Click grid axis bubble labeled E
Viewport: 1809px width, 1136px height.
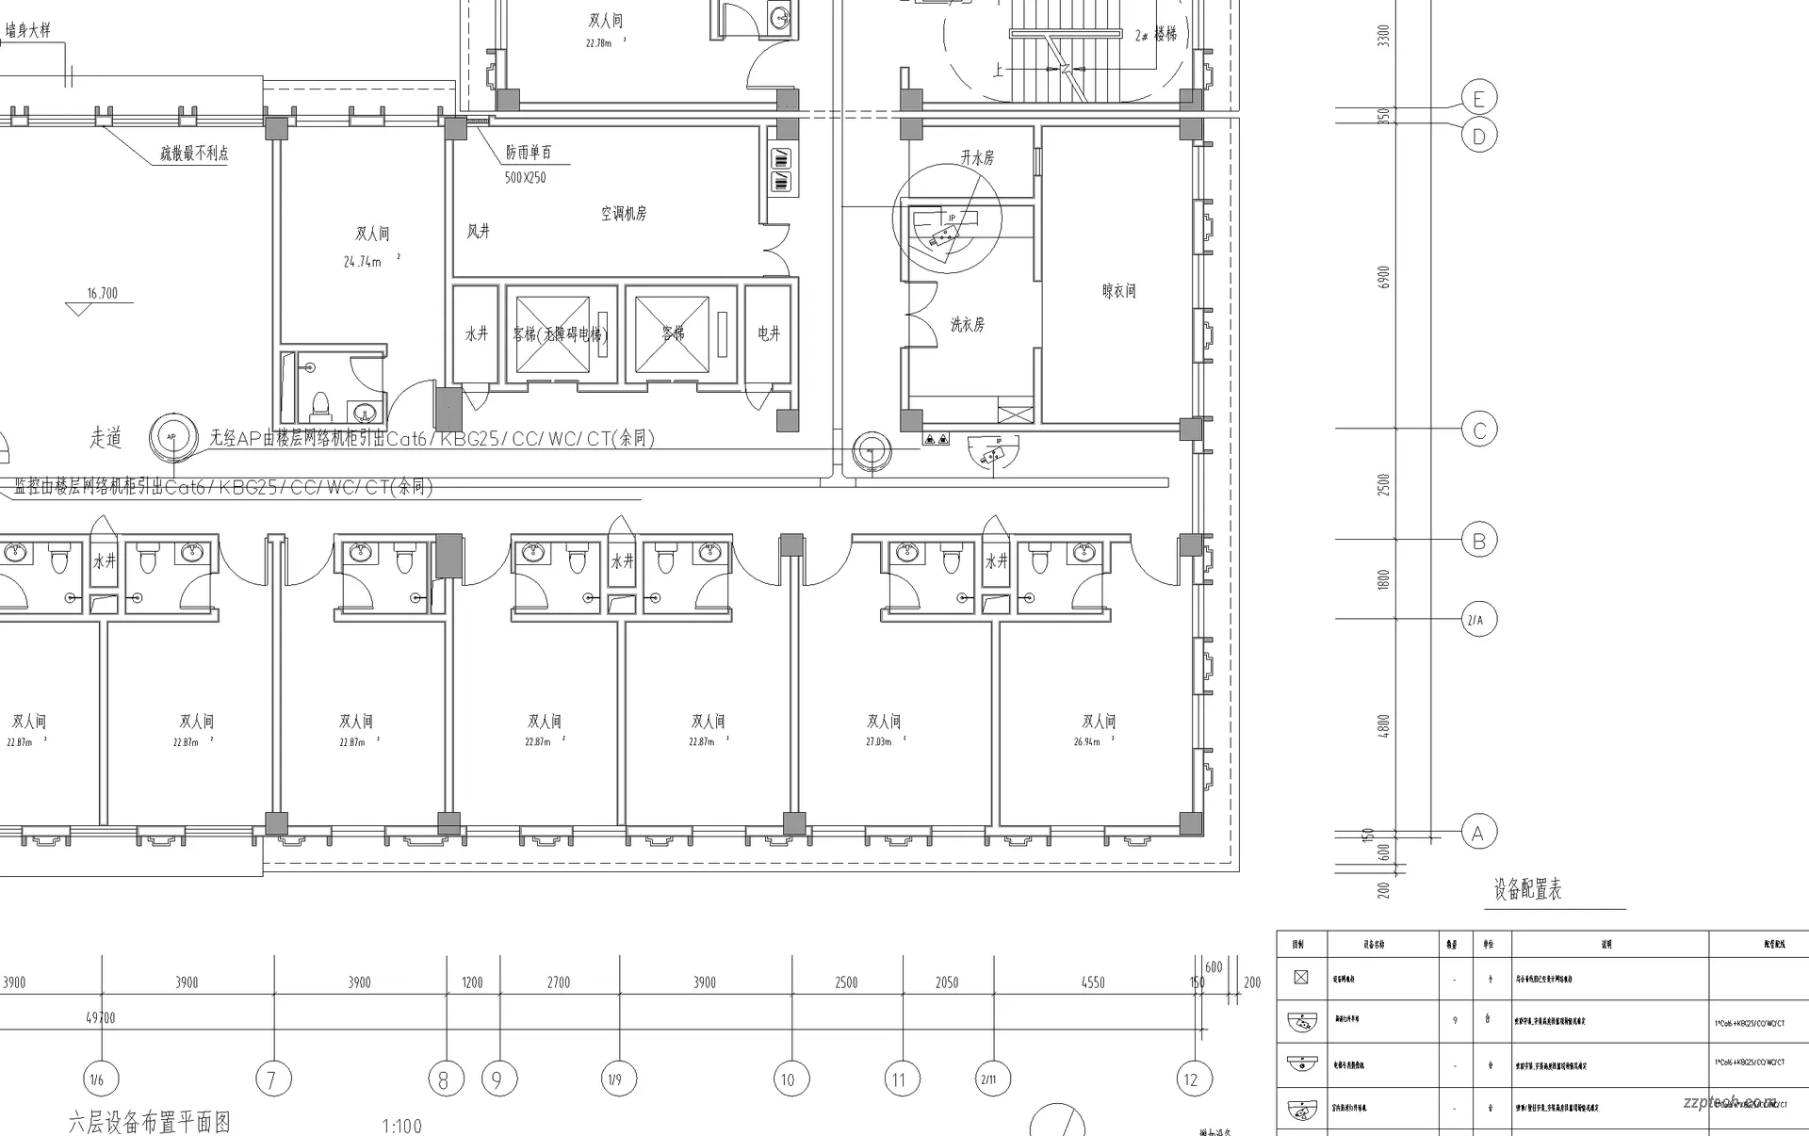[x=1478, y=98]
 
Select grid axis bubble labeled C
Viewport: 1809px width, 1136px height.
[x=1478, y=430]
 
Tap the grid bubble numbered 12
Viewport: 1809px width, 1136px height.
[x=1191, y=1079]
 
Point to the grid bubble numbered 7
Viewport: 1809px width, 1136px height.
[x=272, y=1079]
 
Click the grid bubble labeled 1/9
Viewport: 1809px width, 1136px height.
[x=615, y=1079]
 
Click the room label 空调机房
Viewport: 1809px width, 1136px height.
[x=624, y=214]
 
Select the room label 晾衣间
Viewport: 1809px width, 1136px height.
[x=1118, y=291]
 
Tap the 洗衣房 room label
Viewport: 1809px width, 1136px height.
[x=967, y=324]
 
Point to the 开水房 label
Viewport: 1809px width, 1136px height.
[x=977, y=157]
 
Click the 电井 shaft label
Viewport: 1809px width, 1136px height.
[x=769, y=333]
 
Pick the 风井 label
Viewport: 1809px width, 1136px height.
[x=479, y=231]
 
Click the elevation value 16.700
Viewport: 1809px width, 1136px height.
[x=102, y=293]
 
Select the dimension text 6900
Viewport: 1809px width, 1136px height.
[x=1383, y=278]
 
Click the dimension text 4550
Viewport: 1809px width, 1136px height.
[x=1093, y=982]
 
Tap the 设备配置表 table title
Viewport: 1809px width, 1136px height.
[x=1527, y=888]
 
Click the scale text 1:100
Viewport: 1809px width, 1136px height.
[x=401, y=1126]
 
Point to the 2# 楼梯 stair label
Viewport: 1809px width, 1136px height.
[x=1156, y=34]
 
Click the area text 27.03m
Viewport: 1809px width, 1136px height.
[x=878, y=741]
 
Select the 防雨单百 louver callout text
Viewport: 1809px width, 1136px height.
[x=529, y=153]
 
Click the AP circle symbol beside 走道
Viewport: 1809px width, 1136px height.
[x=171, y=437]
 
